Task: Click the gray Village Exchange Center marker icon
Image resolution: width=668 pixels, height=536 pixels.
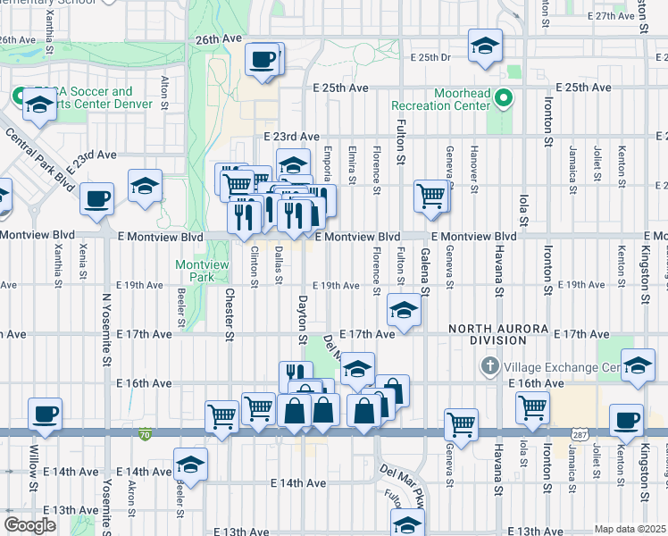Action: tap(489, 367)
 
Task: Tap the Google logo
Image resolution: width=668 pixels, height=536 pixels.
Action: tap(29, 525)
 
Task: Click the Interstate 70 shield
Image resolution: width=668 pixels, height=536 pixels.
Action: tap(146, 434)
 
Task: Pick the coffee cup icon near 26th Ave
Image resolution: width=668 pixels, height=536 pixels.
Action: tap(263, 59)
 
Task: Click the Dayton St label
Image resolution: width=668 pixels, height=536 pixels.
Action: tap(302, 320)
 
